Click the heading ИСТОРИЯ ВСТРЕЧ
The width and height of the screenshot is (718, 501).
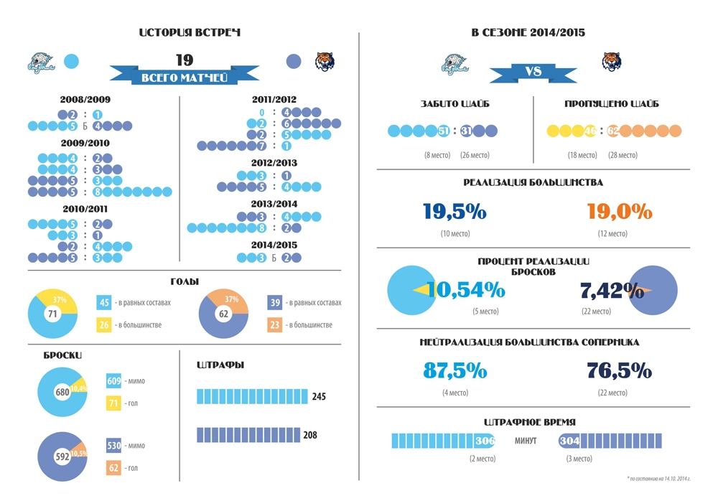click(189, 33)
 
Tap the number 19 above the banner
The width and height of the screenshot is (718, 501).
click(185, 60)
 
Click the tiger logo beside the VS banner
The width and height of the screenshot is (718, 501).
click(612, 62)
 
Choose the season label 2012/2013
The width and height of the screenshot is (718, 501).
click(274, 162)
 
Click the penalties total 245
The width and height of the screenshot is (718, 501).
click(320, 396)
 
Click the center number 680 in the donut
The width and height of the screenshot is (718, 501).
click(62, 393)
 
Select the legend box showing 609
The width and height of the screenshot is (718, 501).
click(114, 381)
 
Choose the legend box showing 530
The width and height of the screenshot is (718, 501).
click(114, 446)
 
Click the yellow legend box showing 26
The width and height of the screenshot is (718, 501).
click(104, 325)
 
